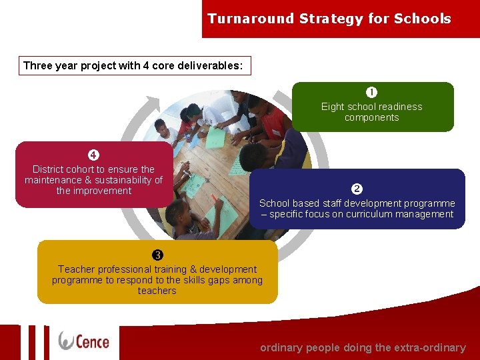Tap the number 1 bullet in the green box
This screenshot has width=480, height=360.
click(371, 93)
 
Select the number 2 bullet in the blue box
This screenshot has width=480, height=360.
click(357, 189)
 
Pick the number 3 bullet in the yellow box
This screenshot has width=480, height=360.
click(157, 255)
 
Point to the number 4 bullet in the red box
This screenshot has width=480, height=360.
click(93, 155)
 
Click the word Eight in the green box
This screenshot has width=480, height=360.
click(332, 107)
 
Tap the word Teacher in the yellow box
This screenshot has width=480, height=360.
click(77, 269)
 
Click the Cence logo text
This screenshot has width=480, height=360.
click(93, 341)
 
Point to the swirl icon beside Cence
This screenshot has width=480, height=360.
click(67, 340)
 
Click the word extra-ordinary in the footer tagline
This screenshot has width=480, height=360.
click(432, 347)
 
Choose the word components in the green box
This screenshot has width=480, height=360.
click(371, 117)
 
